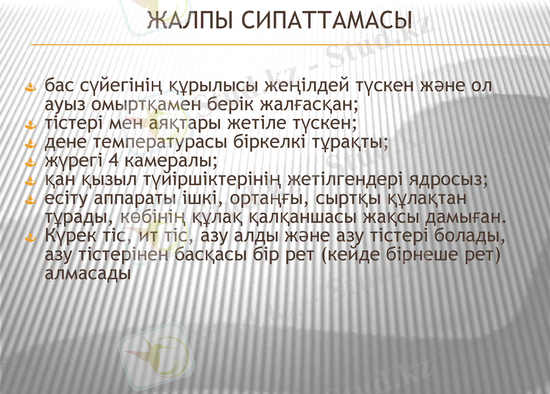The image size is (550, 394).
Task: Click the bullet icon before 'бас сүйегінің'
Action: coord(30,88)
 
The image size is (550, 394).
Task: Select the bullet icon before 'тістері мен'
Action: coord(30,126)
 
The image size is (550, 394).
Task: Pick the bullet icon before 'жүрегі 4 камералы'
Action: coord(30,163)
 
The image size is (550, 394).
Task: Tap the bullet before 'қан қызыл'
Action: coord(30,182)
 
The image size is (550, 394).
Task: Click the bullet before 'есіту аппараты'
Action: coord(30,200)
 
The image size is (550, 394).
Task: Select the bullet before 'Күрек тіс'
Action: coord(30,238)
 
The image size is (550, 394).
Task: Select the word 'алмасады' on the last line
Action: coord(87,273)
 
